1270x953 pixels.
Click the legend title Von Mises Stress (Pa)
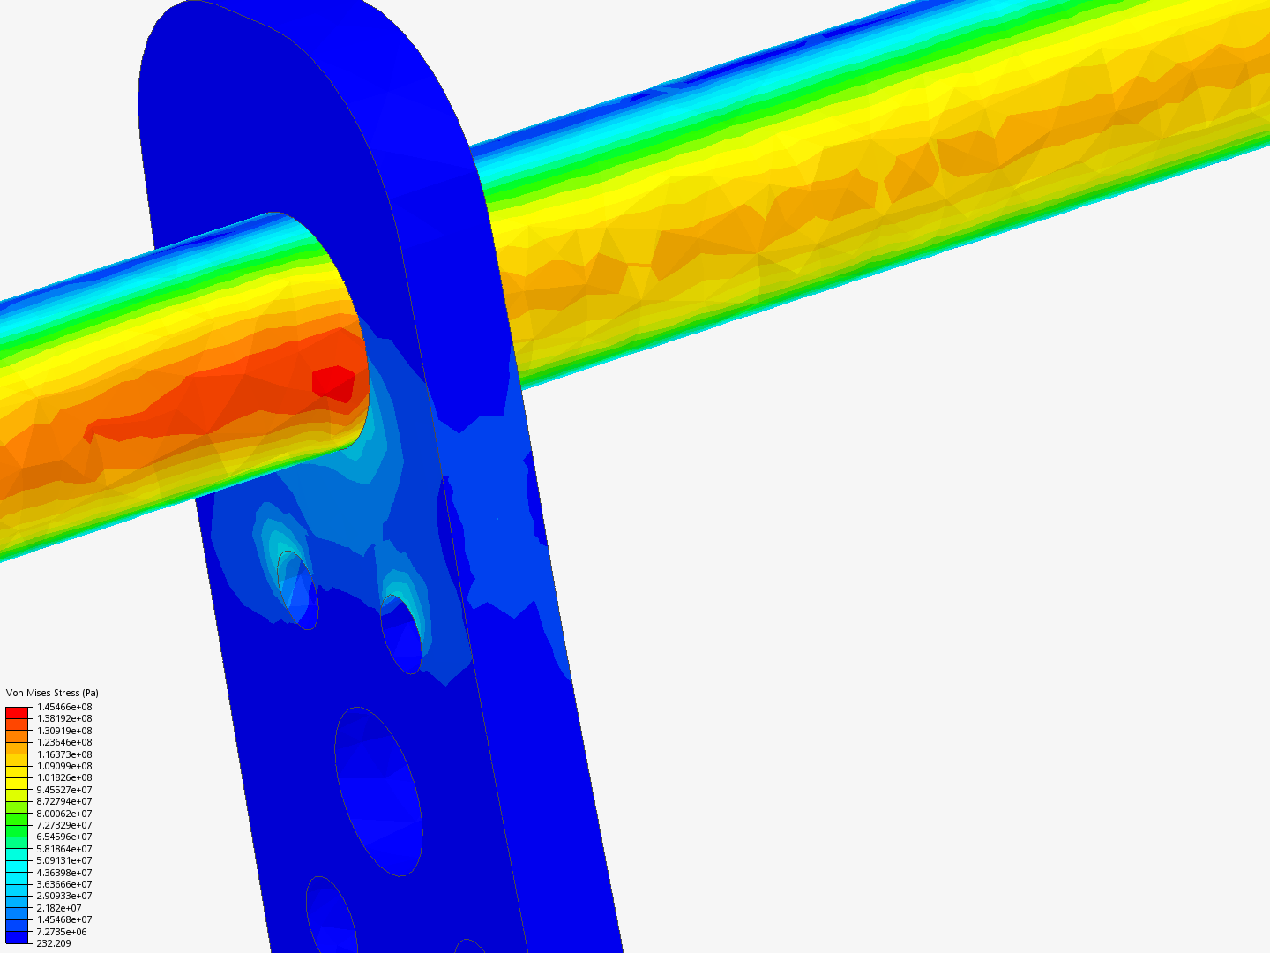tap(52, 693)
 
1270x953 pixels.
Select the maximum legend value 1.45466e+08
tap(64, 707)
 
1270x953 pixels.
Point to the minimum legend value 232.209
tap(54, 944)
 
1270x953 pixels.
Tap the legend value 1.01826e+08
tap(64, 777)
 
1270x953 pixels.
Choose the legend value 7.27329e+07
tap(64, 825)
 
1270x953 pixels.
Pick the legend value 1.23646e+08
tap(64, 742)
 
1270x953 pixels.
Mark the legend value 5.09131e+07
tap(64, 860)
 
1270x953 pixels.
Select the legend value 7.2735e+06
tap(62, 932)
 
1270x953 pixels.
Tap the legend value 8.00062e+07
tap(64, 814)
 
